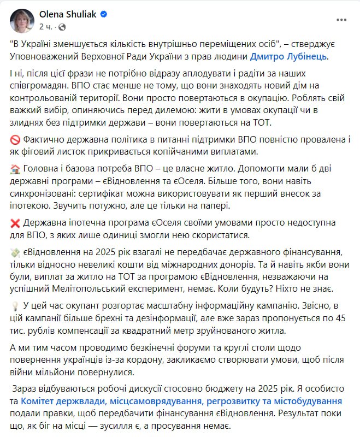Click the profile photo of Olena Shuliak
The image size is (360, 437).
(x=22, y=20)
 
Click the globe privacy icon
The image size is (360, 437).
(x=62, y=26)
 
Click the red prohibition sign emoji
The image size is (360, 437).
(x=15, y=140)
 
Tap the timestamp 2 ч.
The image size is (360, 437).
(x=46, y=26)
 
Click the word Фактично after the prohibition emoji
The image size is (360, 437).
(x=44, y=140)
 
